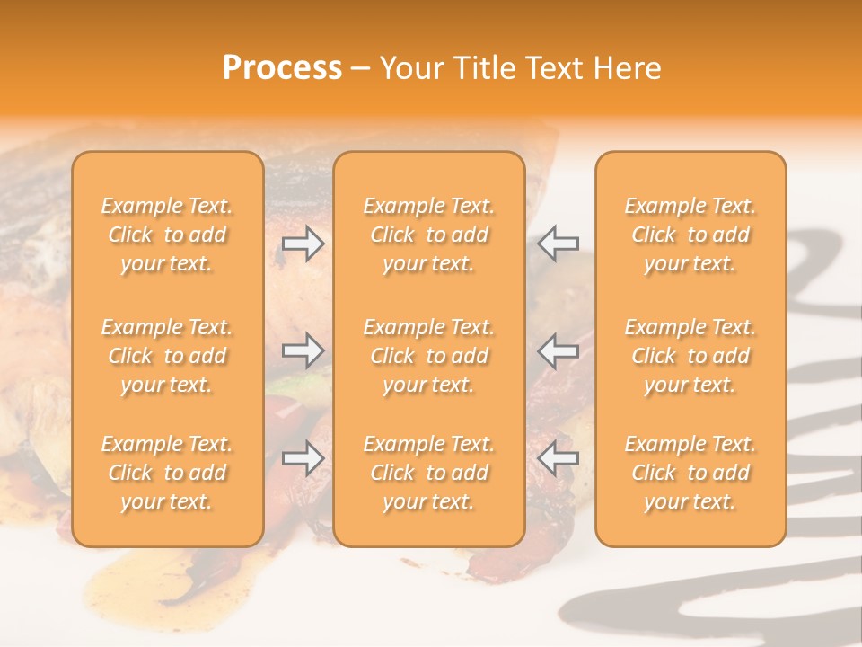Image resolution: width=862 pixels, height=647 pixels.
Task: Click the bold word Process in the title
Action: click(282, 68)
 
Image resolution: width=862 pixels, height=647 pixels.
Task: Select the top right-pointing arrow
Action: click(303, 243)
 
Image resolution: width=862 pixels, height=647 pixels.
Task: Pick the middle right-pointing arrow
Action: click(303, 350)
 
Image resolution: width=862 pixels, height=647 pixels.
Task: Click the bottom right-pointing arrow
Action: click(303, 457)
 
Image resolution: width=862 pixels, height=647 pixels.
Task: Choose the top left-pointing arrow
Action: click(559, 243)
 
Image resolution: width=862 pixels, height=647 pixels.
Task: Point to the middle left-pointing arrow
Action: click(559, 350)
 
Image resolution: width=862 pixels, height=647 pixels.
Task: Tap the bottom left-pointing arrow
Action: click(559, 457)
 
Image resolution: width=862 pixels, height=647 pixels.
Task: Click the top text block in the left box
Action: click(167, 235)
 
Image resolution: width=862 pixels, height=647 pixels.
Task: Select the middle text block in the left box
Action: click(167, 356)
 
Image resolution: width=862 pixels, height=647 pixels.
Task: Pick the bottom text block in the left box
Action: click(167, 473)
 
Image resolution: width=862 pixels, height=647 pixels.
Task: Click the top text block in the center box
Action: click(429, 235)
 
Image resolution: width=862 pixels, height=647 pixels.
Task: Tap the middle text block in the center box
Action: click(429, 356)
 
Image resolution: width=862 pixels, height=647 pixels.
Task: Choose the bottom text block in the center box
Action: click(429, 473)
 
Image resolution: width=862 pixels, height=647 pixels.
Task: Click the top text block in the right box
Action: click(690, 235)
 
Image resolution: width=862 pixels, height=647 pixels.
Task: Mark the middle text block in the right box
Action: click(690, 356)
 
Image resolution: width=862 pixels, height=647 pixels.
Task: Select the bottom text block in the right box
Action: click(690, 473)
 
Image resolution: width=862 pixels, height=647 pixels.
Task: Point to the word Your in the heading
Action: click(411, 68)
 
